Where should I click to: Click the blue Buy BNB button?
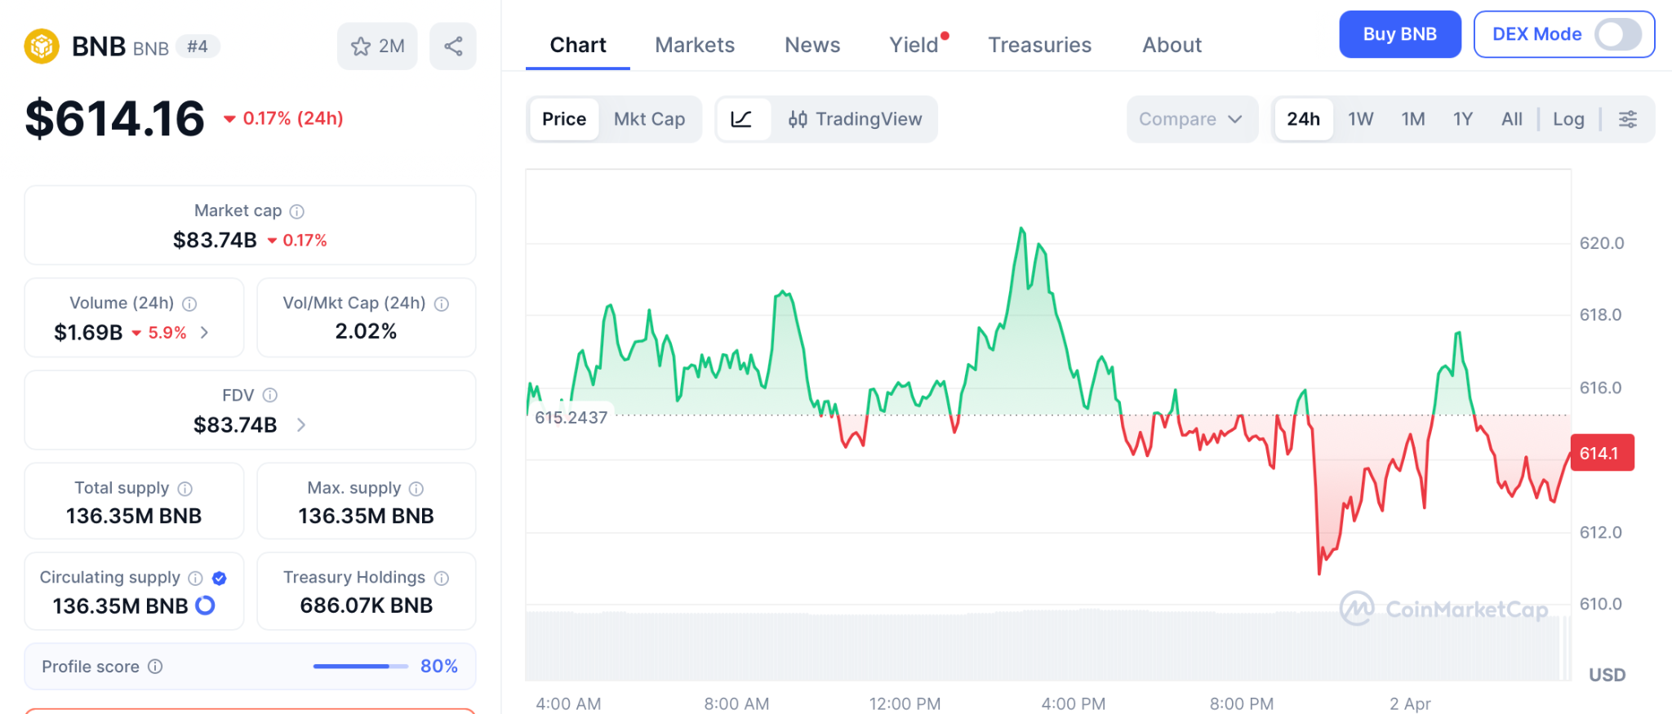[x=1399, y=34]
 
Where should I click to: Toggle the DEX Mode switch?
[x=1617, y=34]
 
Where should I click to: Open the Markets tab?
[x=695, y=45]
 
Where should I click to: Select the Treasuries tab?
[x=1039, y=45]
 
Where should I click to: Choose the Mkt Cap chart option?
[x=649, y=119]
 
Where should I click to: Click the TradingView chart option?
[x=855, y=119]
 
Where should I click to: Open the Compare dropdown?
[x=1190, y=119]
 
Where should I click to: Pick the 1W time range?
[x=1360, y=119]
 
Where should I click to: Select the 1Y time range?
[x=1462, y=119]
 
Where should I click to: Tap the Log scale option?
[x=1567, y=119]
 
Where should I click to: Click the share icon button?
[x=453, y=47]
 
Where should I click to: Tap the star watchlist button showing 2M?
[x=377, y=47]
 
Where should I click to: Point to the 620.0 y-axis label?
[x=1601, y=243]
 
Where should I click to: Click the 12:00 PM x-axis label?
[x=905, y=703]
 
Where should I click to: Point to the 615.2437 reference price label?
[x=571, y=418]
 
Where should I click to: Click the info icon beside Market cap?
[x=297, y=211]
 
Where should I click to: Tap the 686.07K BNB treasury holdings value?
[x=366, y=605]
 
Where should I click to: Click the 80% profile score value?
[x=438, y=667]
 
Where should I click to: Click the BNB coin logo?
[x=42, y=47]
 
